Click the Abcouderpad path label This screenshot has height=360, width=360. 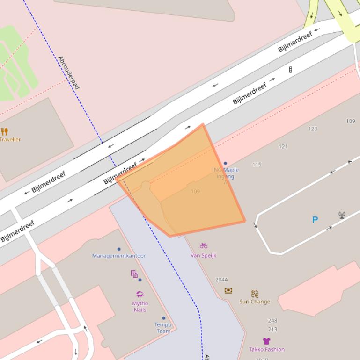pyautogui.click(x=68, y=73)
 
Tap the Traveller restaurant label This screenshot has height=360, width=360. pyautogui.click(x=10, y=139)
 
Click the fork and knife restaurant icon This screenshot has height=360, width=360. pyautogui.click(x=5, y=131)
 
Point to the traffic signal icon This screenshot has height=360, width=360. pyautogui.click(x=290, y=70)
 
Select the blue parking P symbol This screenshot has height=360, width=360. pyautogui.click(x=315, y=219)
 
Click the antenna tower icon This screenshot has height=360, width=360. pyautogui.click(x=342, y=215)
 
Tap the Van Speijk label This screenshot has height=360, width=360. pyautogui.click(x=203, y=255)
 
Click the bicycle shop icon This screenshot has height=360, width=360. pyautogui.click(x=203, y=245)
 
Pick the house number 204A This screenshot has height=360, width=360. pyautogui.click(x=221, y=280)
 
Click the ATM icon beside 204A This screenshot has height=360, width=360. pyautogui.click(x=228, y=290)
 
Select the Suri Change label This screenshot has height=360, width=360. pyautogui.click(x=255, y=302)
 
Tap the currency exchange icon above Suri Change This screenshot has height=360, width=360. pyautogui.click(x=255, y=294)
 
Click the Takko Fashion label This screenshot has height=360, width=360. pyautogui.click(x=267, y=349)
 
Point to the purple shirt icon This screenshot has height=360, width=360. pyautogui.click(x=266, y=341)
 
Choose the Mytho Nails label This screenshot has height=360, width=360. pyautogui.click(x=140, y=307)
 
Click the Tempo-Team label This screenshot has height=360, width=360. pyautogui.click(x=163, y=328)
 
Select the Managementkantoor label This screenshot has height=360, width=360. pyautogui.click(x=119, y=256)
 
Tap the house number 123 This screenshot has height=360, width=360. pyautogui.click(x=313, y=129)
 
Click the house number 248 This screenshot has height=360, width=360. pyautogui.click(x=272, y=321)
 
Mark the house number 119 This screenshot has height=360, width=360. pyautogui.click(x=257, y=165)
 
